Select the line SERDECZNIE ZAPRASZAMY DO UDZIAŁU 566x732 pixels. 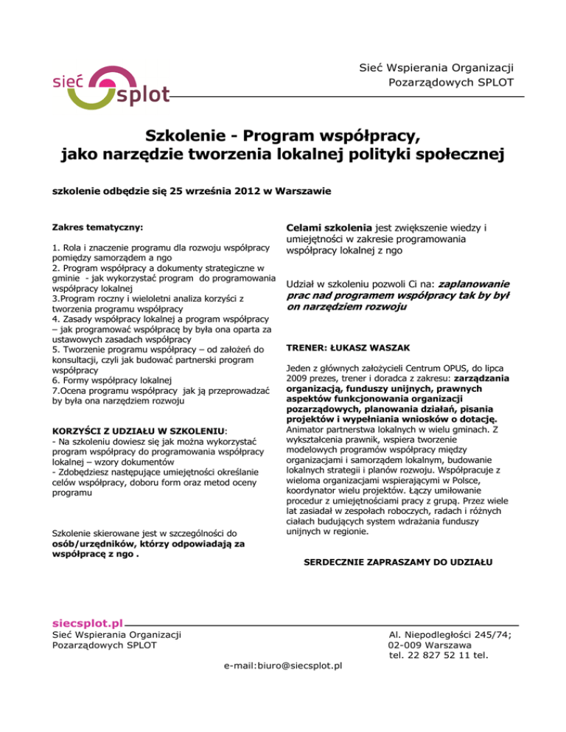pos(399,564)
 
